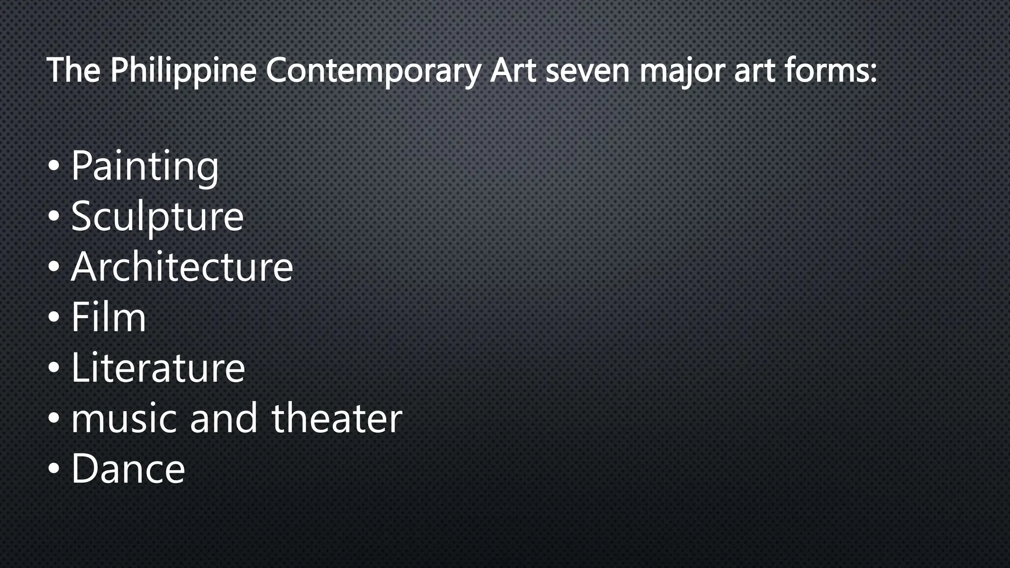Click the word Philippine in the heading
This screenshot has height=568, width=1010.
tap(183, 71)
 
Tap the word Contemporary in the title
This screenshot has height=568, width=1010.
tap(373, 71)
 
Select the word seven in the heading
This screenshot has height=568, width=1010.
tap(587, 71)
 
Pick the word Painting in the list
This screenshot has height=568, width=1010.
tap(145, 166)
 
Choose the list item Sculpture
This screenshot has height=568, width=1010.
tap(157, 216)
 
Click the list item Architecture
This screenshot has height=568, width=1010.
tap(182, 267)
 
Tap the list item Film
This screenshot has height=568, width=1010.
tap(108, 317)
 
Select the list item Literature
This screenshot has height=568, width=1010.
tap(158, 367)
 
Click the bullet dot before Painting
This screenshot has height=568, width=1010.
tap(54, 167)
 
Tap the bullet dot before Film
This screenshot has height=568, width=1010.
tap(54, 318)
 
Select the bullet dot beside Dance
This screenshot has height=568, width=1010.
tap(54, 469)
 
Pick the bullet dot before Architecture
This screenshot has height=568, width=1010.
tap(54, 267)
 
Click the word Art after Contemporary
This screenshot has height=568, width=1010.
tap(513, 71)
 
